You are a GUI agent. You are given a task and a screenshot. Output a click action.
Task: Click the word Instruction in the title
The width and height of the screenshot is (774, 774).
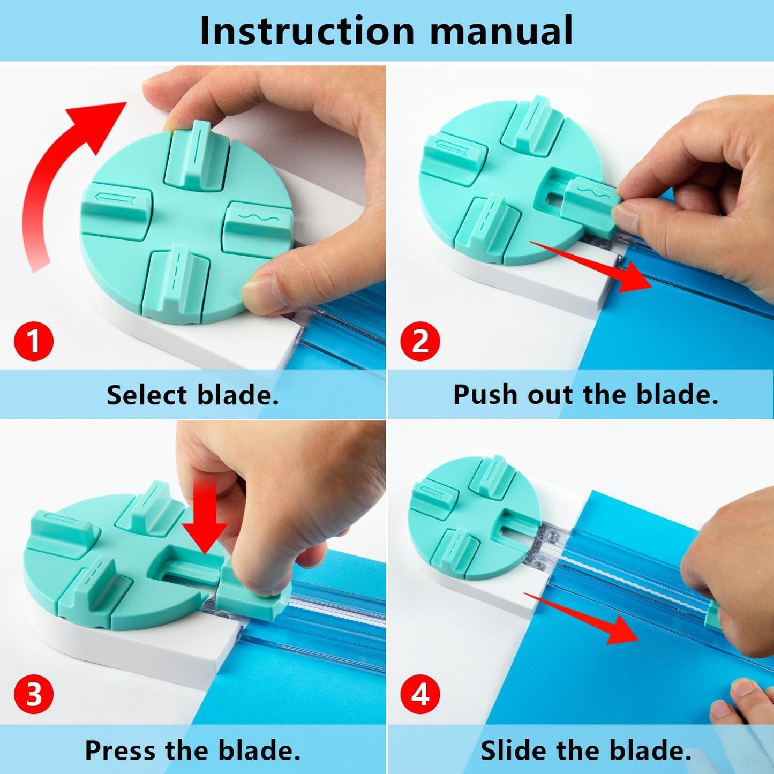(307, 31)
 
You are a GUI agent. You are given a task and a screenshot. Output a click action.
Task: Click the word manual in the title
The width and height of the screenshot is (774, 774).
(501, 31)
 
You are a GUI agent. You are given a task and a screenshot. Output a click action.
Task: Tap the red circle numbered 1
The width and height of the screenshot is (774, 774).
(34, 341)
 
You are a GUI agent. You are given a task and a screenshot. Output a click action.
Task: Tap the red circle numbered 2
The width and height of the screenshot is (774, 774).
(420, 341)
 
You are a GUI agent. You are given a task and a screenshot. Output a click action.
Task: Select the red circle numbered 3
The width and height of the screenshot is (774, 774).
(34, 694)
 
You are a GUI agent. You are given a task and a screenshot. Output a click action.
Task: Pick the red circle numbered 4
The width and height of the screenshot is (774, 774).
(420, 694)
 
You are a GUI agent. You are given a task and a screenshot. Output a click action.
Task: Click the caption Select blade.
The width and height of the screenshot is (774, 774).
(192, 395)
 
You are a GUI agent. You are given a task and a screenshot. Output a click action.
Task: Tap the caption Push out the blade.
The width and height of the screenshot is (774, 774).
(585, 395)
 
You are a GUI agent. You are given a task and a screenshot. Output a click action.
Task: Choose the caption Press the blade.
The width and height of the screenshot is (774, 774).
(192, 750)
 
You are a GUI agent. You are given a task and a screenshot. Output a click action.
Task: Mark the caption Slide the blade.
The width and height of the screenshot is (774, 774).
(585, 750)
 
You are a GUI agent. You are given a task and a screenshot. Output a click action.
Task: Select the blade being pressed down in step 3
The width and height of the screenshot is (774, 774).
(252, 595)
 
